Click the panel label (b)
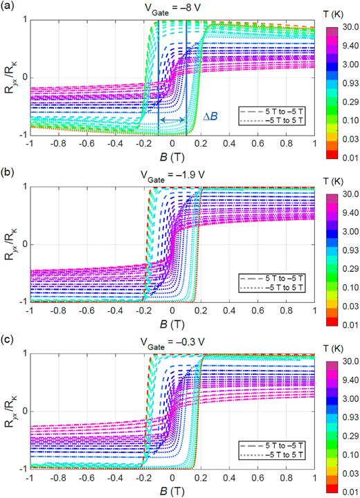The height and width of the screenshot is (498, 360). (x=8, y=174)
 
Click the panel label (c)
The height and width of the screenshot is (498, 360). (x=8, y=340)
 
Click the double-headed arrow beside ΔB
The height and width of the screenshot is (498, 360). (x=172, y=120)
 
